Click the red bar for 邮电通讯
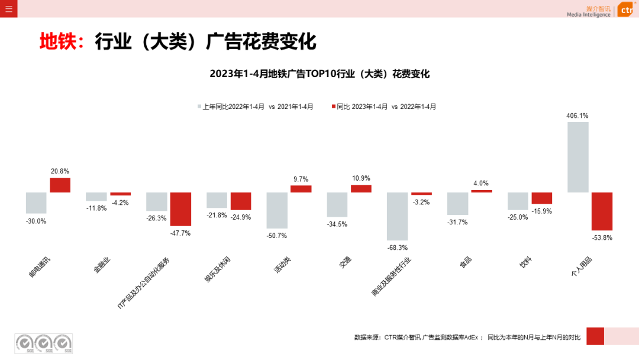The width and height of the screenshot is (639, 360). (60, 185)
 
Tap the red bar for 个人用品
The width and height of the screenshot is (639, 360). (602, 211)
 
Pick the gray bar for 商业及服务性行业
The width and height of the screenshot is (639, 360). (397, 216)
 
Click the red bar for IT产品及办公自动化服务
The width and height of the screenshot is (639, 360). (180, 209)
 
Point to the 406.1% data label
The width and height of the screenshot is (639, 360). (577, 116)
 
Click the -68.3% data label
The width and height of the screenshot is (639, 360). (397, 247)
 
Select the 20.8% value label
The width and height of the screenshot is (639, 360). (60, 172)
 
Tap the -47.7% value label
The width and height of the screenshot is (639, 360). (180, 233)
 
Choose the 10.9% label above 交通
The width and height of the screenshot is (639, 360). (361, 178)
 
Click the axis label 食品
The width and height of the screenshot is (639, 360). (465, 263)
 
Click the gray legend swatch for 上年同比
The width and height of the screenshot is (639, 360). (199, 107)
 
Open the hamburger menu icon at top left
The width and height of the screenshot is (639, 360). (8, 8)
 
